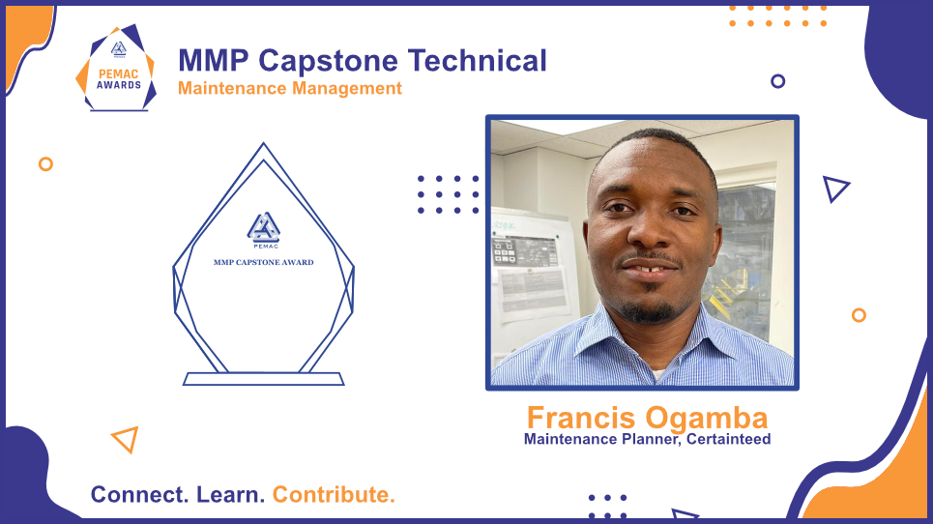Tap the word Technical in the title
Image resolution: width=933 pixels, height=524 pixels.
(x=478, y=60)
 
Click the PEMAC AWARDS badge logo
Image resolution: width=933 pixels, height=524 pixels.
(x=117, y=68)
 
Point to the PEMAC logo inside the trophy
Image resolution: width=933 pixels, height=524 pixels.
(x=264, y=229)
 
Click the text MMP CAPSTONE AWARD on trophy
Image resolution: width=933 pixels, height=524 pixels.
(x=264, y=262)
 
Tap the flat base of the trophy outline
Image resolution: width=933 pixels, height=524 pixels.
(x=264, y=379)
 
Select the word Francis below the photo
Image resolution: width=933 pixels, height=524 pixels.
(x=581, y=417)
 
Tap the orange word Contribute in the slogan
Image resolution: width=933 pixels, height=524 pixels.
(x=334, y=495)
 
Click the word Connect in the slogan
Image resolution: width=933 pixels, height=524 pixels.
(x=139, y=495)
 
